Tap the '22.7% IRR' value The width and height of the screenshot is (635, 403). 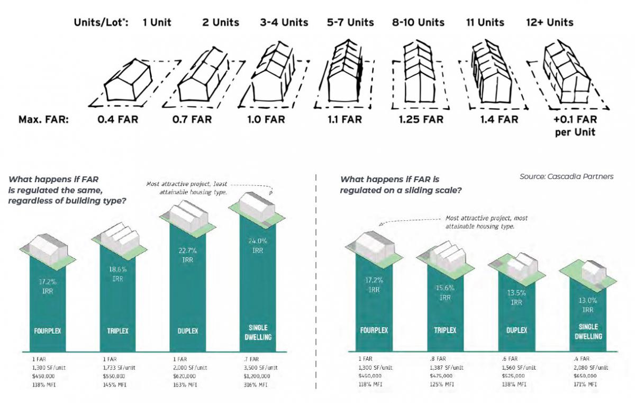(188, 256)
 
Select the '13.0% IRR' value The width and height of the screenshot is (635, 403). (587, 306)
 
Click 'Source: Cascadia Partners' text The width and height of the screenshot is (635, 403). (567, 176)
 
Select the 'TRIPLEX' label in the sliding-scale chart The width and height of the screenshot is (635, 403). (445, 330)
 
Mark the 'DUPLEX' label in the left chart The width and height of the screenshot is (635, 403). (187, 331)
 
